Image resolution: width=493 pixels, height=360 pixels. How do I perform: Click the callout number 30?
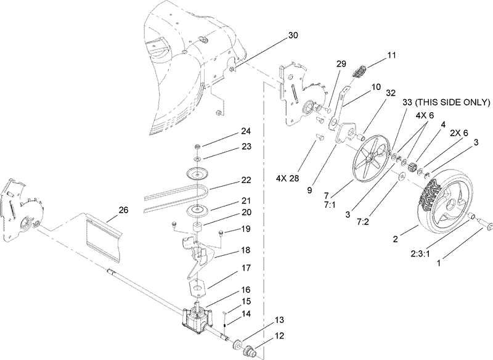coord(293,36)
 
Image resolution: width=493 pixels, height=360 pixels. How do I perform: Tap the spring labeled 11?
coord(359,72)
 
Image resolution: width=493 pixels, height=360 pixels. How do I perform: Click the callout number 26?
coord(123,210)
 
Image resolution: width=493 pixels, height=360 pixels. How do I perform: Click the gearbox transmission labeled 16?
coord(195,318)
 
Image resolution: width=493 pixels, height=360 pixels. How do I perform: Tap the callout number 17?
coord(229,268)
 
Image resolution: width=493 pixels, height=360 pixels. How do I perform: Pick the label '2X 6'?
coord(458,133)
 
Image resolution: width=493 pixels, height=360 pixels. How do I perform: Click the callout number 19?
coord(229,227)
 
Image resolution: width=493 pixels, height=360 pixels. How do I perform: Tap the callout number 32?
coord(390,93)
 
